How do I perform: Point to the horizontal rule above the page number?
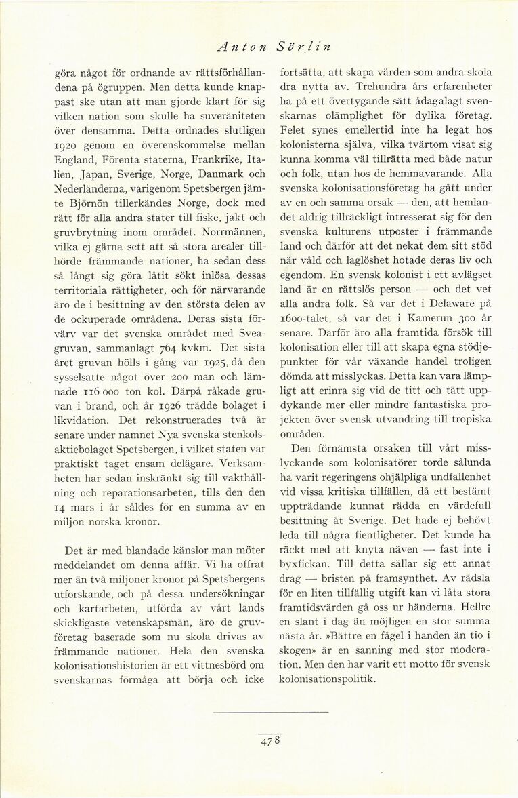pos(270,712)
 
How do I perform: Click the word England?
pos(75,160)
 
